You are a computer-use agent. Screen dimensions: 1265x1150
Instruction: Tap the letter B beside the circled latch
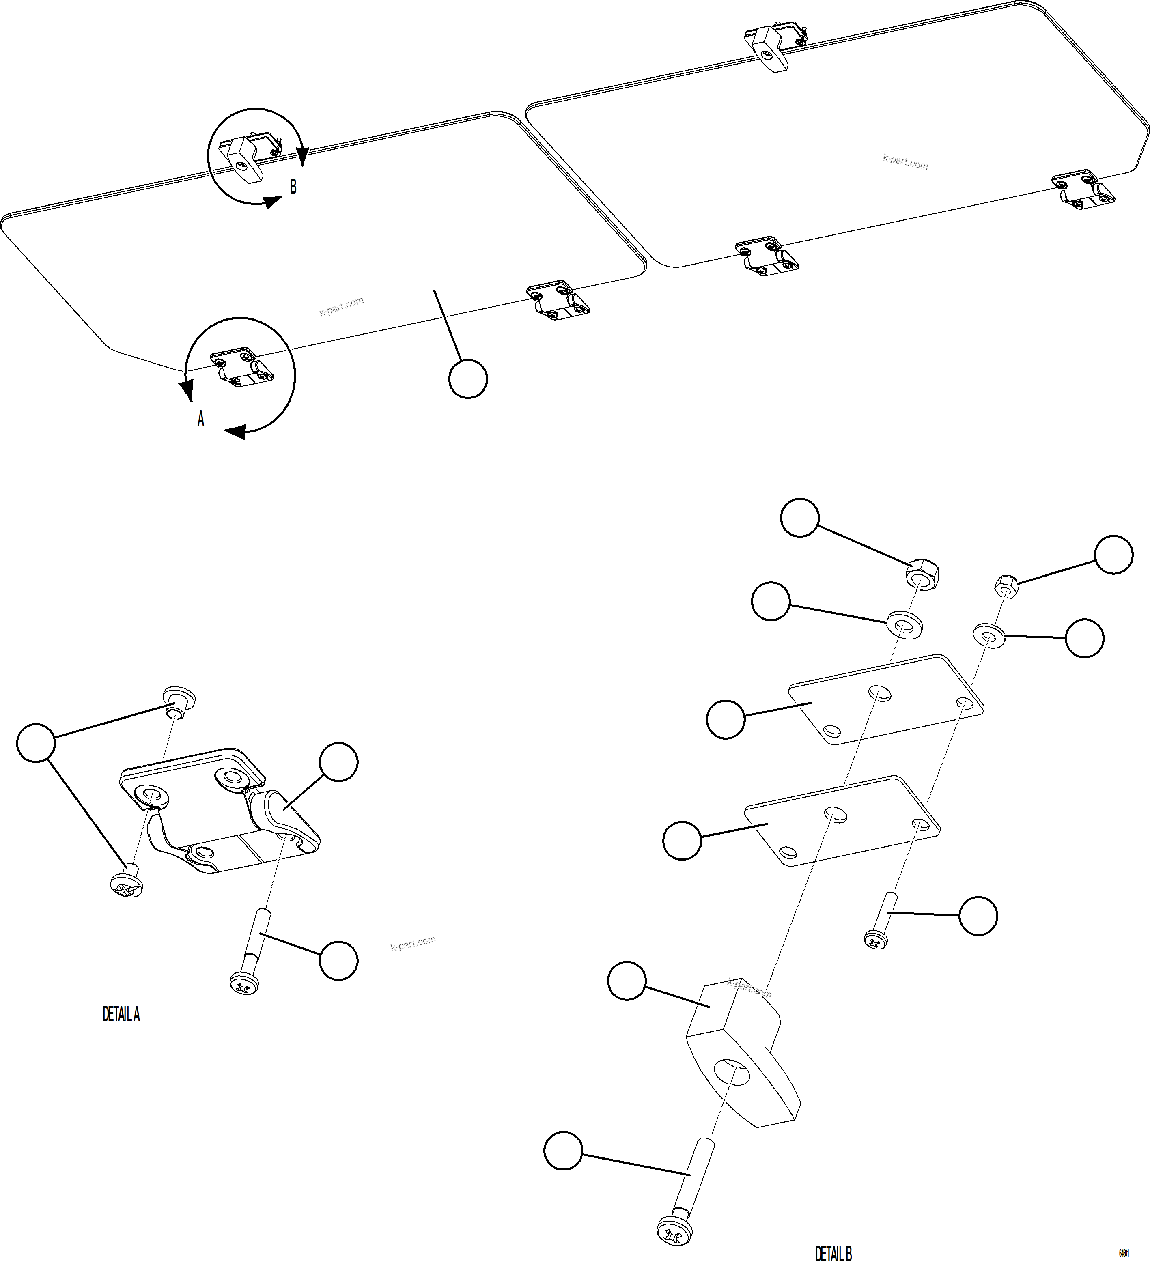pos(293,187)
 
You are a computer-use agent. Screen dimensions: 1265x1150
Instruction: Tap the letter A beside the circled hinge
pos(201,419)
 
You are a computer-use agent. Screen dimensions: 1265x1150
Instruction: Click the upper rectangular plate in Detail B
pos(885,699)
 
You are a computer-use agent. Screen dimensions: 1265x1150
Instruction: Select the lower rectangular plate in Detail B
pos(841,821)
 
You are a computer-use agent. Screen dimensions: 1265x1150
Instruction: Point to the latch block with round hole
pos(741,1054)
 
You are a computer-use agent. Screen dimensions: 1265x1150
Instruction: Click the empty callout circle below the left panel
pos(468,379)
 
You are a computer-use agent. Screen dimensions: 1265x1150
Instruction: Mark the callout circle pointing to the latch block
pos(627,981)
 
